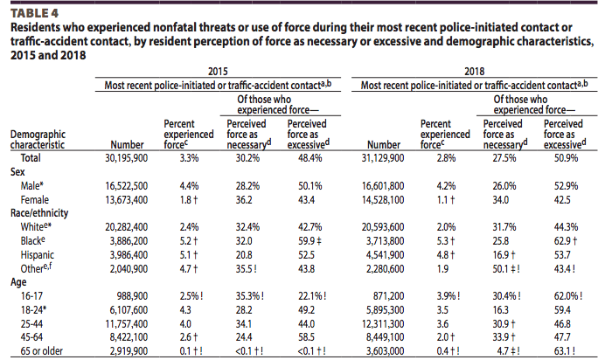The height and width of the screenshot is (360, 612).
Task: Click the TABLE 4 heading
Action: click(34, 13)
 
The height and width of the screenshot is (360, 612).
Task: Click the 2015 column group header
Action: click(218, 72)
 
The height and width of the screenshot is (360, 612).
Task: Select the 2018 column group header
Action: click(474, 72)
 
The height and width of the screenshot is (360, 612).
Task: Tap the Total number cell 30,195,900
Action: click(126, 158)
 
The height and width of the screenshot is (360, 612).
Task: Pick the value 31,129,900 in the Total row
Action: click(383, 158)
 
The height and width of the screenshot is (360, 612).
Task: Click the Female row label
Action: click(35, 200)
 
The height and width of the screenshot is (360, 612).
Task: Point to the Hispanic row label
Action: click(38, 254)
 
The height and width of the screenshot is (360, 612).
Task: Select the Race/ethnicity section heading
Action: click(39, 213)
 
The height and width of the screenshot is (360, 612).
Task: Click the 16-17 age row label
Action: click(31, 296)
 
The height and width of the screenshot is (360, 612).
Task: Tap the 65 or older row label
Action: click(41, 350)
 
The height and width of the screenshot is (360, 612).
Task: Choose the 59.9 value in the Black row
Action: click(309, 240)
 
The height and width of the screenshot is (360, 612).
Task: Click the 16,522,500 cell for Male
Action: click(126, 185)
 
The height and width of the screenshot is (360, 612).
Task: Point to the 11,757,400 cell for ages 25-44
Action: click(126, 323)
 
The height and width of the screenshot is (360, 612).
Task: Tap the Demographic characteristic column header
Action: click(38, 139)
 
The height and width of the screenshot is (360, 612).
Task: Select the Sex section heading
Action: click(17, 171)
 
